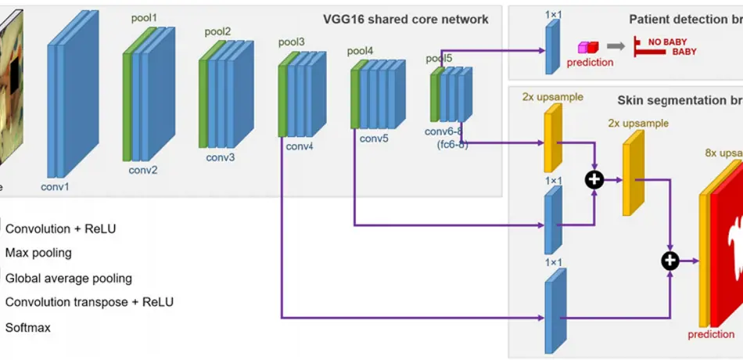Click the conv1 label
coord(55,186)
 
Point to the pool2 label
coord(217,31)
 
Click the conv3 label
coord(221,157)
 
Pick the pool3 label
coord(292,41)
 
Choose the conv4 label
coord(300,146)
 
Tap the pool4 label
coord(361,51)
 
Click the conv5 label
coord(374,139)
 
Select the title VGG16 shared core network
coord(406,20)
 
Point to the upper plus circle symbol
coord(595,179)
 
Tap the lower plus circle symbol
coord(670,260)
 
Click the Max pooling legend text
coord(38,253)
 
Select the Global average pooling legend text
coord(69,278)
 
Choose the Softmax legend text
coord(28,327)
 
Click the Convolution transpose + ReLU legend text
coord(89,302)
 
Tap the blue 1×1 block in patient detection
coord(553,47)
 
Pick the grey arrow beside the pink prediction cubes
coord(617,47)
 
